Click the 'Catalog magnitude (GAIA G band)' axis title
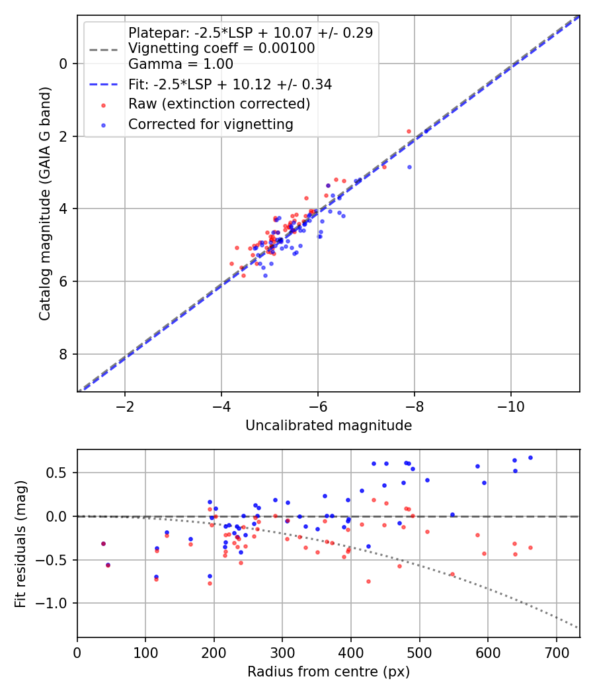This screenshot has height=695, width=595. coord(45,204)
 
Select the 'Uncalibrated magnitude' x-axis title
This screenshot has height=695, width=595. coord(329,426)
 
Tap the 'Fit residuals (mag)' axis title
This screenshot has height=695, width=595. coord(20,544)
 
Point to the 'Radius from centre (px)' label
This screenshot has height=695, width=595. coord(329,672)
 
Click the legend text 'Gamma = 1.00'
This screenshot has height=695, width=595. coord(180,64)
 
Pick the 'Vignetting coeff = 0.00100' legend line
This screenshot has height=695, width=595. coord(221,48)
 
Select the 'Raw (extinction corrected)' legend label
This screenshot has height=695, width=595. coord(219,104)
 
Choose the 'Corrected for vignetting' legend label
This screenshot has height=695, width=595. coord(211,124)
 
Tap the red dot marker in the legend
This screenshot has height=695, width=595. coord(103,105)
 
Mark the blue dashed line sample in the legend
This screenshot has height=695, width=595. coord(103,84)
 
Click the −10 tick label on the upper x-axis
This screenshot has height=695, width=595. coord(511,406)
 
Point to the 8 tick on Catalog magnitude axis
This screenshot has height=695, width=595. coord(63,354)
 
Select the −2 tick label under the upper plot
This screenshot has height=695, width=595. coord(125,406)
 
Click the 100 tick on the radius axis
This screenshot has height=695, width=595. coord(145,653)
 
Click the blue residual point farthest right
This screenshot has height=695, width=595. coord(530,458)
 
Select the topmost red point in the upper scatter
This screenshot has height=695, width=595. coord(409,132)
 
